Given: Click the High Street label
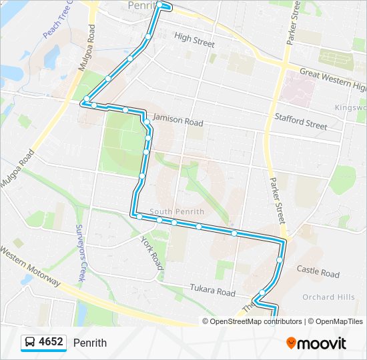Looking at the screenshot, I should [x=194, y=40].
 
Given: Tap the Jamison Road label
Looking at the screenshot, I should [x=177, y=120].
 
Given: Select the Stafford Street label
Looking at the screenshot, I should [x=301, y=121].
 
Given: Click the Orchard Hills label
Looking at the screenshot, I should [x=328, y=297].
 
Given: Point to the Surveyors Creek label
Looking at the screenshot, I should [x=81, y=252].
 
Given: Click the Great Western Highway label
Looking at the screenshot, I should [x=332, y=79].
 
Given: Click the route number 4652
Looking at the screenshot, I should [x=51, y=343].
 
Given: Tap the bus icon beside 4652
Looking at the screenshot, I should [x=30, y=343].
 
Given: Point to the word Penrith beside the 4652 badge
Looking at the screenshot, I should [x=90, y=343].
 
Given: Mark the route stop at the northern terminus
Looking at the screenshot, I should [x=160, y=5].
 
